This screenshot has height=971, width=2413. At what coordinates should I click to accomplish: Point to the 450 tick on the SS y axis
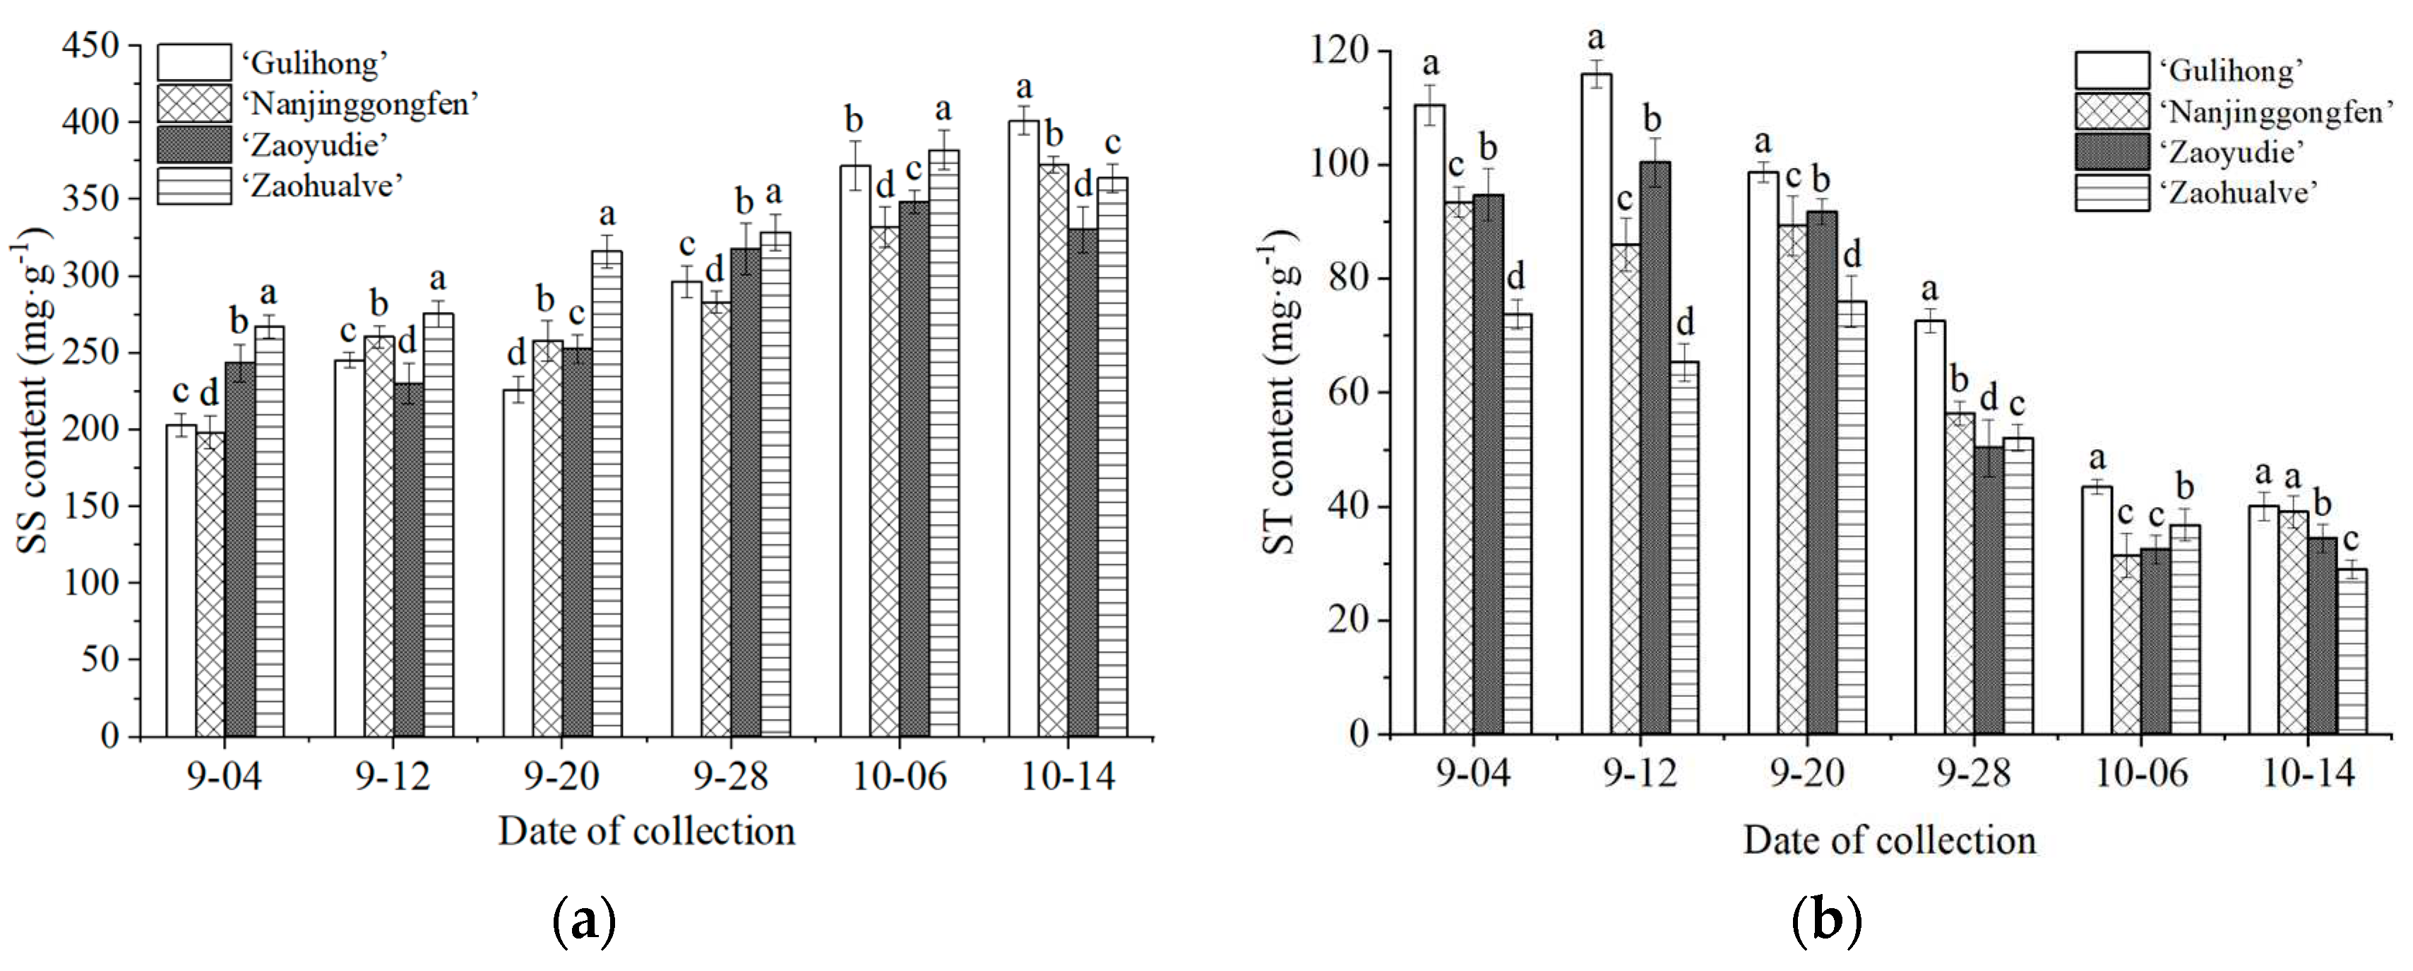pyautogui.click(x=95, y=45)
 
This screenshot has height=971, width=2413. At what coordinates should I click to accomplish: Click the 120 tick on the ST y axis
pyautogui.click(x=1348, y=52)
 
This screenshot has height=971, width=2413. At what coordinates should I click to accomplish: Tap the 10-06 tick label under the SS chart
pyautogui.click(x=899, y=776)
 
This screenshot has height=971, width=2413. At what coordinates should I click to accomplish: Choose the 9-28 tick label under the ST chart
pyautogui.click(x=1973, y=773)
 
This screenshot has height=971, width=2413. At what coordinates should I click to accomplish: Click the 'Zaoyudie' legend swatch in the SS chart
pyautogui.click(x=194, y=144)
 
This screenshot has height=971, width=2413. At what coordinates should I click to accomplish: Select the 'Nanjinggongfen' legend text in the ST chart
pyautogui.click(x=2275, y=112)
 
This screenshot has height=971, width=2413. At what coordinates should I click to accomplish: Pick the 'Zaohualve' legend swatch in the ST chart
pyautogui.click(x=2111, y=193)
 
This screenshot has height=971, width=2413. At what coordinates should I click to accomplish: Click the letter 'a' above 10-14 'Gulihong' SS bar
pyautogui.click(x=1024, y=88)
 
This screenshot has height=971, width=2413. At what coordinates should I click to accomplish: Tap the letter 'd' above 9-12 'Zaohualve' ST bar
pyautogui.click(x=1684, y=323)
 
